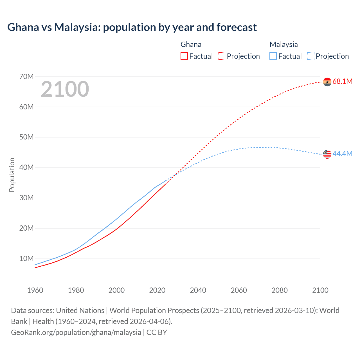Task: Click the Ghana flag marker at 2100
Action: coord(327,82)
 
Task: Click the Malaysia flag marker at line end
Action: coord(327,154)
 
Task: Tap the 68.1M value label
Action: coord(342,82)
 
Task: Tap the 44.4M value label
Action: coord(342,154)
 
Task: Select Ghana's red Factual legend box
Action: coord(184,56)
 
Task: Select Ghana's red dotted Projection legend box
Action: coord(222,56)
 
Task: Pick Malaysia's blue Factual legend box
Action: coord(273,56)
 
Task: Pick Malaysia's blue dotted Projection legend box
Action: coord(311,56)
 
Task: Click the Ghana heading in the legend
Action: coord(191,44)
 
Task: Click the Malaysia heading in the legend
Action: coord(283,44)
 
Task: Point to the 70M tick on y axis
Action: coord(26,76)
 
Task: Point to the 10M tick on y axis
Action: coord(26,258)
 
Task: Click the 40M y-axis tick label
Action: coord(26,168)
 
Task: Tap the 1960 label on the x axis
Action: coord(35,290)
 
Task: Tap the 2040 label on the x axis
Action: coord(198,290)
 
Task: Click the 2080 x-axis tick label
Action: coord(280,290)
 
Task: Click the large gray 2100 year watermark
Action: coord(65,89)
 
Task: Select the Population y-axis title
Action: coord(12,175)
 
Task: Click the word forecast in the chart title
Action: coord(237,27)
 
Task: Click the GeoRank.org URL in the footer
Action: coord(76,332)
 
